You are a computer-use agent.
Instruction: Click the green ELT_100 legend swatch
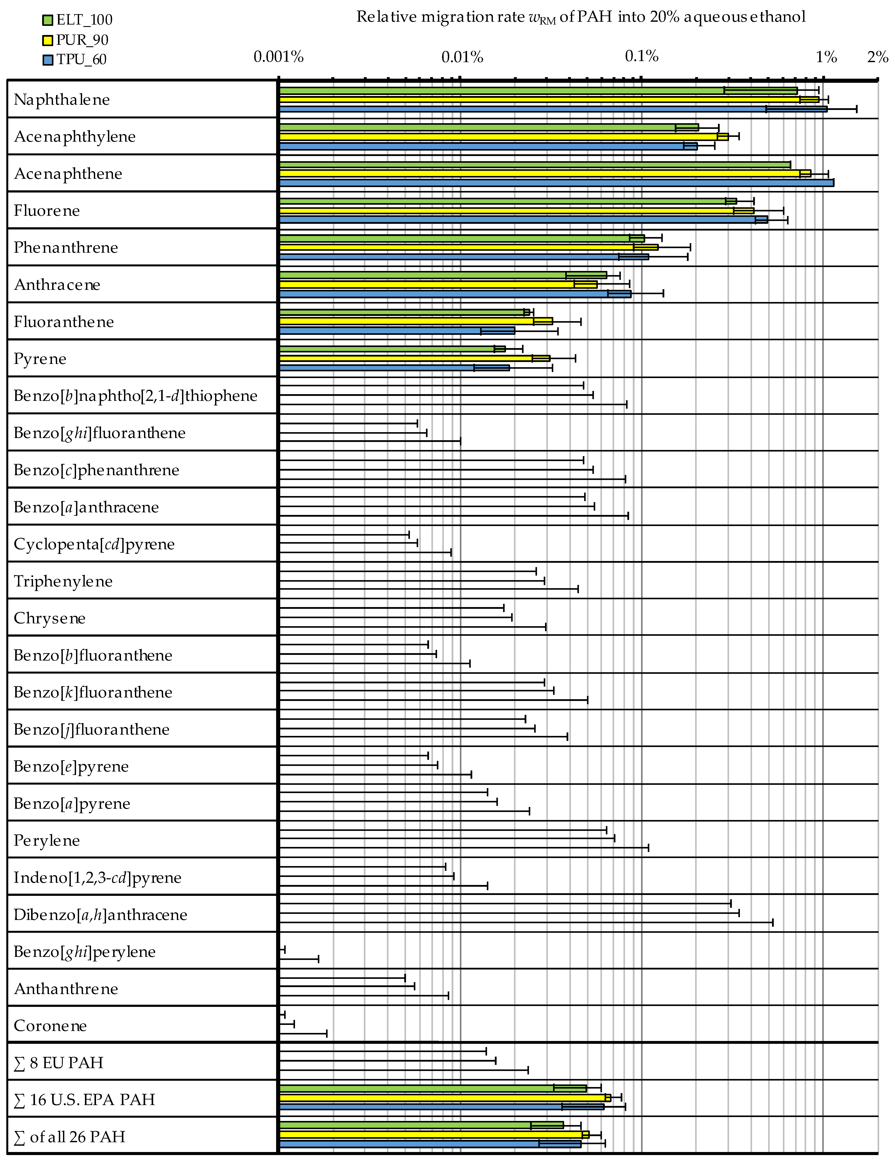47,20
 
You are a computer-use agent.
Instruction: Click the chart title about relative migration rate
581,17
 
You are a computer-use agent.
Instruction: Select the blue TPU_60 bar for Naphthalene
553,109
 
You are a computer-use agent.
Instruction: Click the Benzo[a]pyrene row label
72,803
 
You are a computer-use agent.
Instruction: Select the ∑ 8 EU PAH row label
58,1062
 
